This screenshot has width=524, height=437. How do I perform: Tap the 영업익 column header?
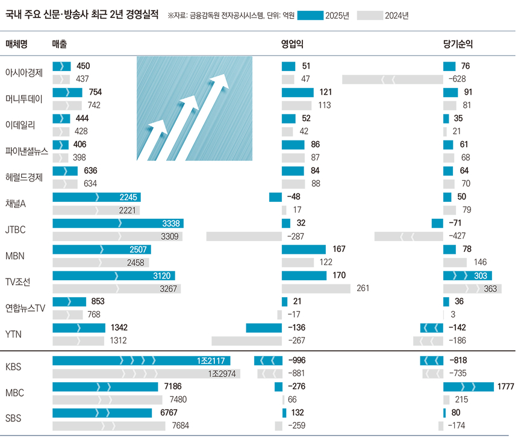coord(292,45)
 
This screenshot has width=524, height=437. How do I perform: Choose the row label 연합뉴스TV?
coord(26,308)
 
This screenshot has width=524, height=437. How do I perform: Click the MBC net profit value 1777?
coord(505,386)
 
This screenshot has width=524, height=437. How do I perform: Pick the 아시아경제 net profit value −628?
coord(460,79)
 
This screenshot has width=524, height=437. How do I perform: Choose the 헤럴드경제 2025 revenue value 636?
coord(89,171)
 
